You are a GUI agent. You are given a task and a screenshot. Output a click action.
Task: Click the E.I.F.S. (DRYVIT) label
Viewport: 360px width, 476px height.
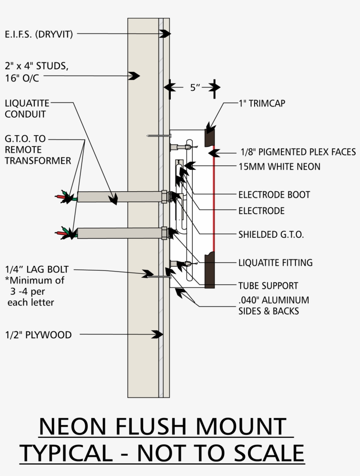click(39, 34)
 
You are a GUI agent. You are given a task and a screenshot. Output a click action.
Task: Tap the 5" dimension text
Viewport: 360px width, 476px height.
click(195, 87)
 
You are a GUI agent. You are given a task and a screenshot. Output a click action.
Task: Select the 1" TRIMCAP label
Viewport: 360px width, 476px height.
click(259, 104)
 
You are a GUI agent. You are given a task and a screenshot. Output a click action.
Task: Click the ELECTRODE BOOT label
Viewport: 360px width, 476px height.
click(274, 194)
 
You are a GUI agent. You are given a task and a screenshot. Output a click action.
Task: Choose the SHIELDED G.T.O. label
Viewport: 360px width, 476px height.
click(271, 234)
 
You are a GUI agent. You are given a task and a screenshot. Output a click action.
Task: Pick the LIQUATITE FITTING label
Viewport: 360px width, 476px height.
click(275, 263)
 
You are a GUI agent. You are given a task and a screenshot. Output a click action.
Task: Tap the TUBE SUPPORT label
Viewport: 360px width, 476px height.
click(268, 286)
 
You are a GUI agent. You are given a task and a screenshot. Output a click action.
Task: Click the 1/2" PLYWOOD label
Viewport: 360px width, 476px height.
click(38, 335)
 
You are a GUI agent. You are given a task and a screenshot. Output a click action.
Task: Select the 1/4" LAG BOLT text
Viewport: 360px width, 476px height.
click(37, 270)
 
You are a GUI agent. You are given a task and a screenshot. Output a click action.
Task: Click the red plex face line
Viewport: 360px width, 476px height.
click(214, 197)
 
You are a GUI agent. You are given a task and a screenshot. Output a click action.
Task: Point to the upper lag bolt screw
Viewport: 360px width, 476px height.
click(158, 136)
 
